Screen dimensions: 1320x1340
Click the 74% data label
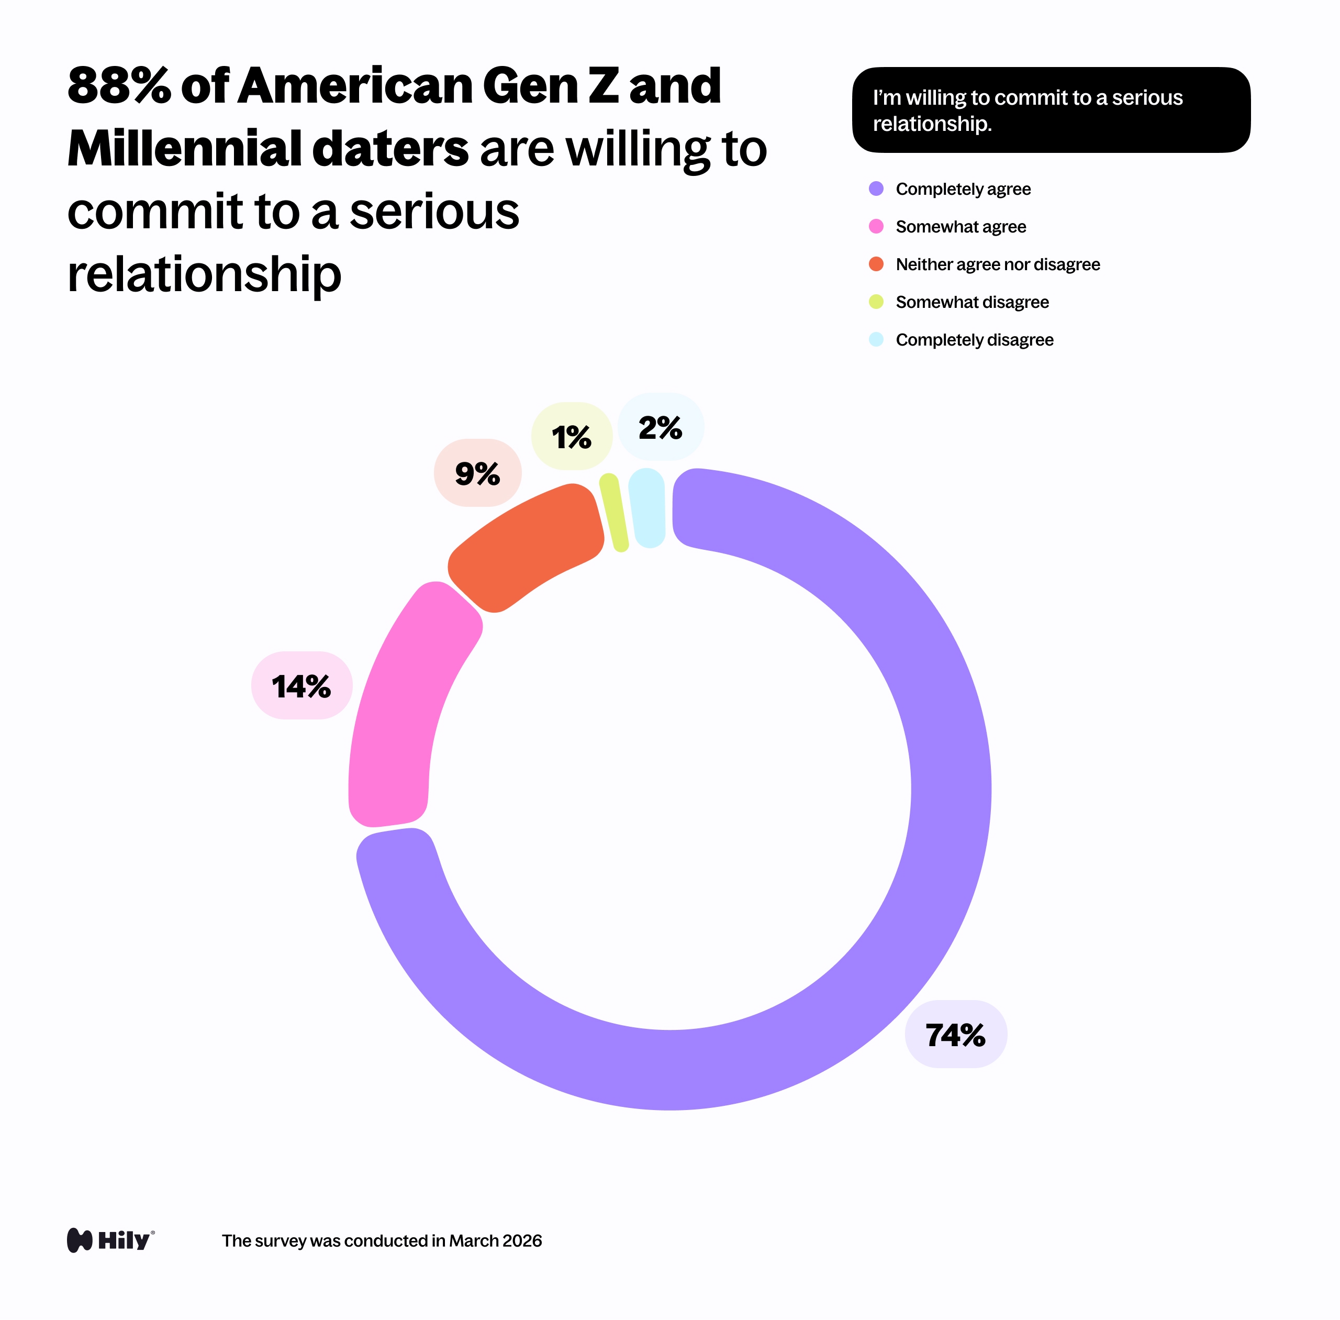(955, 1034)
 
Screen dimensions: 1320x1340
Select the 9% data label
(477, 473)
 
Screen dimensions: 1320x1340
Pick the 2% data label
(661, 427)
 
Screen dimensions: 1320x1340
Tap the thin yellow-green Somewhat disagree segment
(613, 512)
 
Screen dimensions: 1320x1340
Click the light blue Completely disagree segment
(647, 507)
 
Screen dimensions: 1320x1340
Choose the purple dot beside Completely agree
(876, 188)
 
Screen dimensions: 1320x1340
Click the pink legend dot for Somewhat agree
(876, 226)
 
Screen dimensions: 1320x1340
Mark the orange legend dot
(876, 264)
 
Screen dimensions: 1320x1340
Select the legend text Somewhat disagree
(972, 302)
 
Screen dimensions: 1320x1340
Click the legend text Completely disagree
(974, 340)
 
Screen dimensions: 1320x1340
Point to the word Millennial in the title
(184, 149)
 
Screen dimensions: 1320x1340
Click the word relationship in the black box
(932, 124)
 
